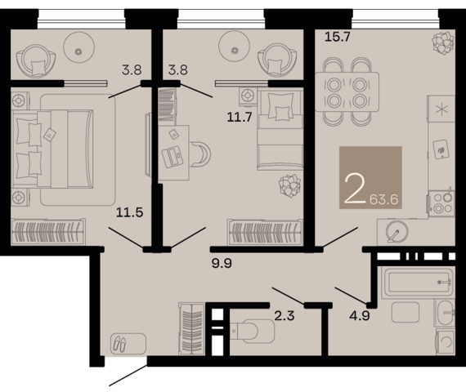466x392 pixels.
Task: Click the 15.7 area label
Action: click(x=338, y=37)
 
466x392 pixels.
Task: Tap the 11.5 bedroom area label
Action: click(x=129, y=212)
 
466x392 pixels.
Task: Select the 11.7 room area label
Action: click(x=240, y=117)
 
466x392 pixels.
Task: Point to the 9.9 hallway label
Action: click(x=222, y=263)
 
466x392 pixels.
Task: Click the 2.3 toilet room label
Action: click(x=285, y=315)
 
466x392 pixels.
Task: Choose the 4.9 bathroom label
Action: click(x=360, y=315)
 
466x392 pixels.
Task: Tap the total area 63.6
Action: click(x=383, y=199)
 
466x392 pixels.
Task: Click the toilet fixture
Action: click(x=253, y=331)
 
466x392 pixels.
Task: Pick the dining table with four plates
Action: click(x=347, y=91)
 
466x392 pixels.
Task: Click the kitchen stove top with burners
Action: click(x=441, y=203)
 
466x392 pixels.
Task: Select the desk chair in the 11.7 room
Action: click(x=199, y=154)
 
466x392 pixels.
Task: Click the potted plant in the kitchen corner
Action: click(x=444, y=43)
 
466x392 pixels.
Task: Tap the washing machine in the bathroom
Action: click(x=446, y=341)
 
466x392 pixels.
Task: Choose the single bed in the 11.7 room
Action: click(x=280, y=130)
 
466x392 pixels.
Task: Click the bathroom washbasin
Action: click(x=446, y=313)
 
